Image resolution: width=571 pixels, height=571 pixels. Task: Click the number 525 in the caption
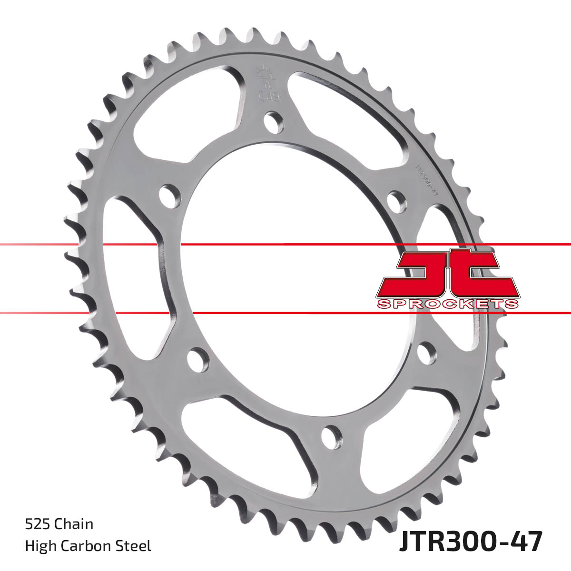coord(38,524)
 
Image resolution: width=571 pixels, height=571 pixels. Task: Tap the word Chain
coord(74,524)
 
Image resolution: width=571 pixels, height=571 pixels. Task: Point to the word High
coord(39,546)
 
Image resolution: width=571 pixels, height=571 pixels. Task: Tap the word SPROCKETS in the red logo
coord(447,304)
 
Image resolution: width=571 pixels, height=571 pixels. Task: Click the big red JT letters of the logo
coord(447,274)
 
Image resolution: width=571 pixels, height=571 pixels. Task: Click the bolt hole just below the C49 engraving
coord(273,122)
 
